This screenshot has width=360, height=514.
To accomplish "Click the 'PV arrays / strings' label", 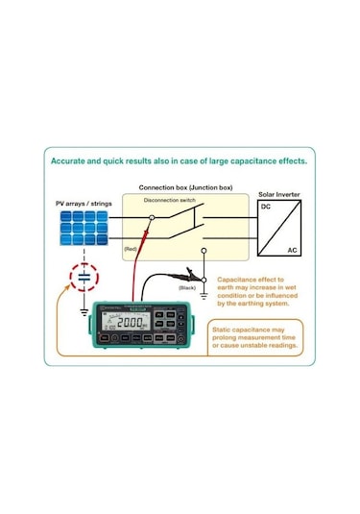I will pyautogui.click(x=82, y=204).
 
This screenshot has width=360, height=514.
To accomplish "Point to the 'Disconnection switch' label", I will pyautogui.click(x=170, y=200).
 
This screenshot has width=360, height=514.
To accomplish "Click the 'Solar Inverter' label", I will pyautogui.click(x=280, y=193).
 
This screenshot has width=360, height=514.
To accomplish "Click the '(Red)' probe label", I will pyautogui.click(x=130, y=248).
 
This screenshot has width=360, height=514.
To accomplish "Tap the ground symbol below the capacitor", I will pyautogui.click(x=84, y=310).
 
